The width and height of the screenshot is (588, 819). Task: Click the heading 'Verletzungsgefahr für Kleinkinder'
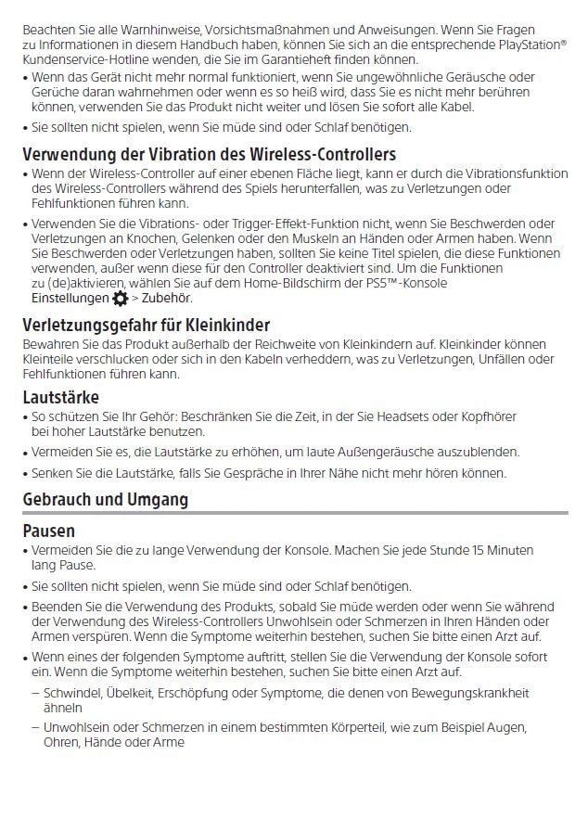[146, 326]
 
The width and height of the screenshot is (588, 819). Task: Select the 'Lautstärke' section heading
[60, 398]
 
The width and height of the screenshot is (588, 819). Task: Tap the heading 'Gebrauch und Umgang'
[105, 500]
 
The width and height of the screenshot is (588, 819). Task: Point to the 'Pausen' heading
[49, 532]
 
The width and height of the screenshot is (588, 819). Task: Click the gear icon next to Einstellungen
[121, 299]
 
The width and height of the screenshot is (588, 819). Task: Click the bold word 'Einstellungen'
[70, 299]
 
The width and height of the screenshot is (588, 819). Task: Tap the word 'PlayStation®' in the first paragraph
[533, 45]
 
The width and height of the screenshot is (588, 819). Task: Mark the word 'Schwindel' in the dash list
[73, 692]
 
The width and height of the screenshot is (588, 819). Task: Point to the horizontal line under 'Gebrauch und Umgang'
[295, 513]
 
